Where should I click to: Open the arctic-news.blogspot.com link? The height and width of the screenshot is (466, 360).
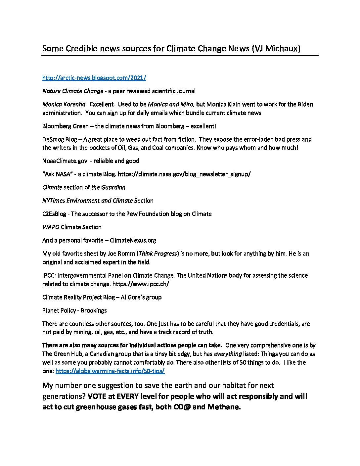(94, 78)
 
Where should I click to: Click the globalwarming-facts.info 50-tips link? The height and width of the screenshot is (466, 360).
(110, 371)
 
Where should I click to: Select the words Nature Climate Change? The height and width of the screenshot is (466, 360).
(72, 91)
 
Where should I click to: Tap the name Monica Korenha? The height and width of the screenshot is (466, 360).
(64, 104)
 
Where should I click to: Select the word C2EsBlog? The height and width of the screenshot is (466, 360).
(54, 214)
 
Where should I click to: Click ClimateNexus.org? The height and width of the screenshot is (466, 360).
(133, 240)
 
